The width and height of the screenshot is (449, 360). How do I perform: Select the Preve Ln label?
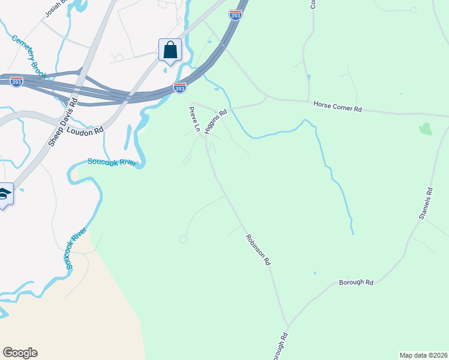pos(194,119)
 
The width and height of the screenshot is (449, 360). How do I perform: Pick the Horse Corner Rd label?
pos(338,107)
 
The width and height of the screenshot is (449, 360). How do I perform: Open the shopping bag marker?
pos(170,50)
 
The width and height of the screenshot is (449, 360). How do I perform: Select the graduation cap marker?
pos(4,193)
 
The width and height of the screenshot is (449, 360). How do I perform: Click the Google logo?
pos(20,353)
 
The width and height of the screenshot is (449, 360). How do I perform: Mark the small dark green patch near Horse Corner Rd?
pos(426,128)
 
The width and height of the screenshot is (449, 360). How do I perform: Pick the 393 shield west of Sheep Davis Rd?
pos(16,81)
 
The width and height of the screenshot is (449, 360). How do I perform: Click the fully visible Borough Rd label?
pos(356,282)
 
